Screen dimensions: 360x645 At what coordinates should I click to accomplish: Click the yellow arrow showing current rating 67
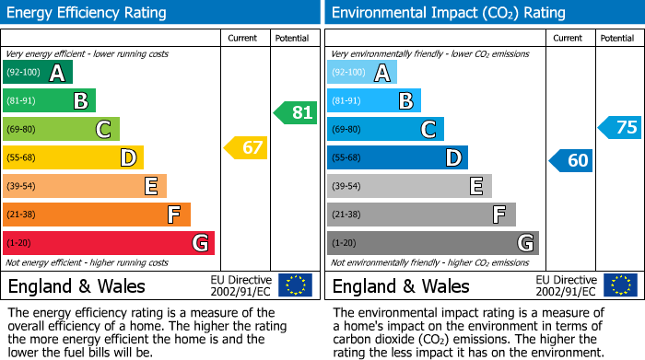246,147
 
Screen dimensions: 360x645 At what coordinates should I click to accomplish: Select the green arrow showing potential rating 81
296,112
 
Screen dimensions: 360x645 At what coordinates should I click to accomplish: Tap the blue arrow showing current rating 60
570,160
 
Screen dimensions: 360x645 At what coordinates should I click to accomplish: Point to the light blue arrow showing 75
620,127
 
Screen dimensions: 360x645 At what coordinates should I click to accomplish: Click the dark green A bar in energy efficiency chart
38,73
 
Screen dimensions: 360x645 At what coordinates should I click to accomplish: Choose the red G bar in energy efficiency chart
109,243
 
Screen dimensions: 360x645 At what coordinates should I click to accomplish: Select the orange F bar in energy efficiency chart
97,215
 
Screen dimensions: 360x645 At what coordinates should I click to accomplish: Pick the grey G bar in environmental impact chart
432,243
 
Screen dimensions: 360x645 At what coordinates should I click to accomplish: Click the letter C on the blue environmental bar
428,130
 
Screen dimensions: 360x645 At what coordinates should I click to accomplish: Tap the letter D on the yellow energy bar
127,158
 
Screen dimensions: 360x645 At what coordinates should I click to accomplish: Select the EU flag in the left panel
295,285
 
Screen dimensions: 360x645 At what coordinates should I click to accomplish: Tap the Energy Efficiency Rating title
88,13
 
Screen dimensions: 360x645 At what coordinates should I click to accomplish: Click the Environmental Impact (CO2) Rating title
448,13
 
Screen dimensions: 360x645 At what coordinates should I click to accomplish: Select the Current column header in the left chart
244,39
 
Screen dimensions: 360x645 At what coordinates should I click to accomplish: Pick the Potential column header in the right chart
617,39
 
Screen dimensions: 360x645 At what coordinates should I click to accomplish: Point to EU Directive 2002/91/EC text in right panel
566,285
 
